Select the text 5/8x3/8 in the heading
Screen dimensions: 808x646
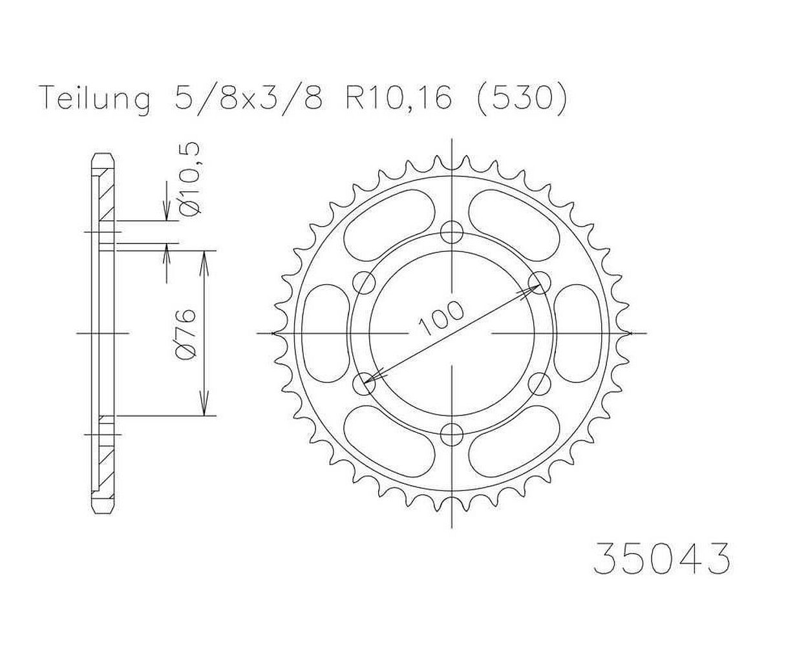248,98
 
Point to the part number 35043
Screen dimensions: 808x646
662,567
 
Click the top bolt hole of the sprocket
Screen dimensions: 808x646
452,233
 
